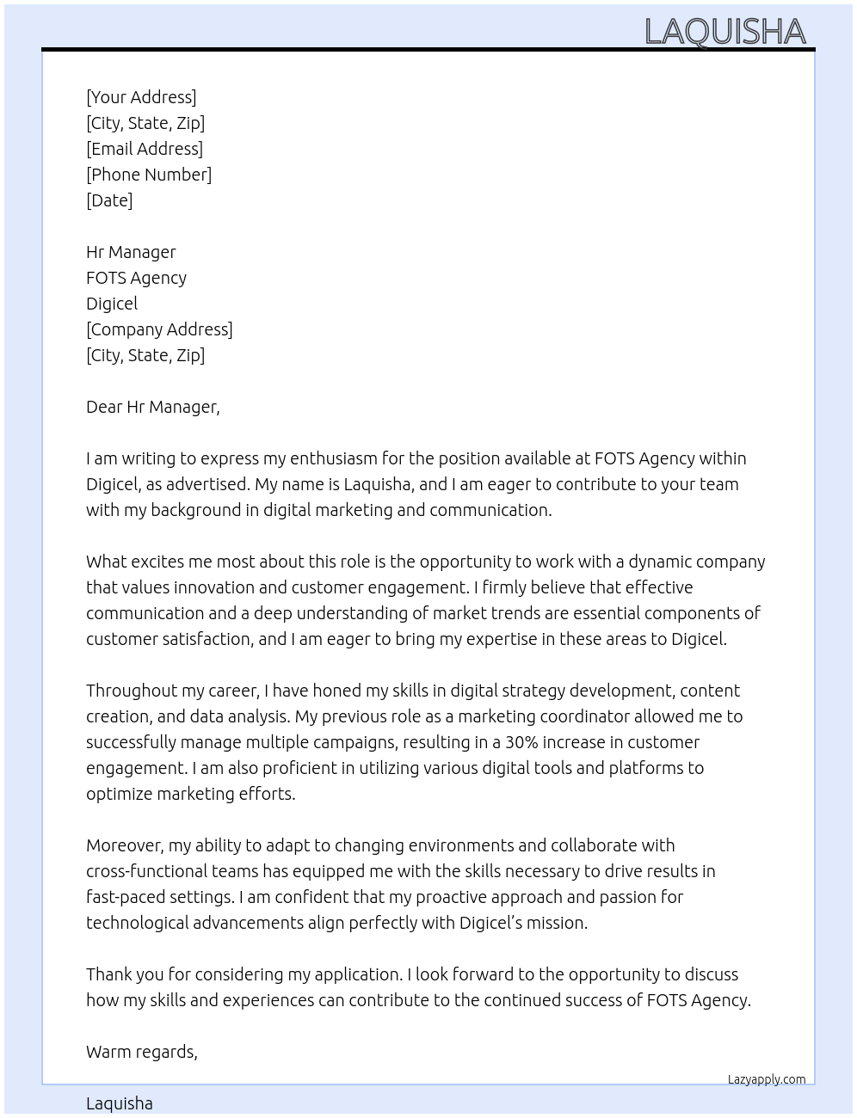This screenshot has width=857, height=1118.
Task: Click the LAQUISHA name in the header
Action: (724, 31)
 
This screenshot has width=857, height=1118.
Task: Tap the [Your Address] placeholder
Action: (141, 97)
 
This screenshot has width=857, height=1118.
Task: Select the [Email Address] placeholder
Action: (145, 149)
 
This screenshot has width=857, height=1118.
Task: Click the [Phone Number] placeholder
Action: (149, 175)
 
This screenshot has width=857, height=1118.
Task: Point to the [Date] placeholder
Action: (109, 200)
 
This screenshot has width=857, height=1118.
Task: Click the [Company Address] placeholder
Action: (159, 329)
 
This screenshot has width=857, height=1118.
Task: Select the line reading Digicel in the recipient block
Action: (112, 304)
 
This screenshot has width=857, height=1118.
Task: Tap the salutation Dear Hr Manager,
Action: (153, 407)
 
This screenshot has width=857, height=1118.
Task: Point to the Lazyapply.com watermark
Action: (767, 1079)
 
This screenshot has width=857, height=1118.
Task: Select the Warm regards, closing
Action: (142, 1052)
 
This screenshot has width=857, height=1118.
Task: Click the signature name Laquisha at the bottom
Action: (120, 1103)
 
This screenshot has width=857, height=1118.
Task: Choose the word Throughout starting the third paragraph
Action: (130, 691)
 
